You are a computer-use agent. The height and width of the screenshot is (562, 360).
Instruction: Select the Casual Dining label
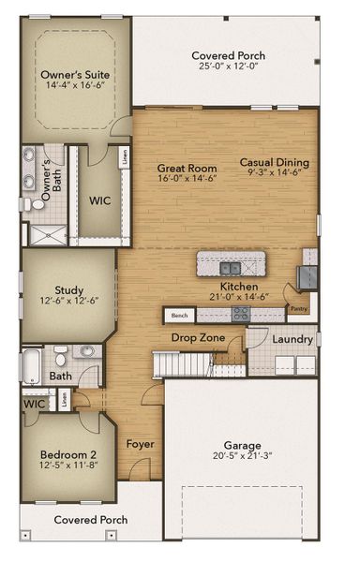pyautogui.click(x=274, y=162)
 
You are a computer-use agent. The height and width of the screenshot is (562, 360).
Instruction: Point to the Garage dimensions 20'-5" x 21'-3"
pyautogui.click(x=242, y=458)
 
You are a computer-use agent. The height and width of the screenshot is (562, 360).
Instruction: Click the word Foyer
pyautogui.click(x=141, y=443)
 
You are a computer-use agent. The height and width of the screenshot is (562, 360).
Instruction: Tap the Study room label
pyautogui.click(x=67, y=290)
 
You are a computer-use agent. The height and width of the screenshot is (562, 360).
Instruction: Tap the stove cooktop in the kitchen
pyautogui.click(x=241, y=315)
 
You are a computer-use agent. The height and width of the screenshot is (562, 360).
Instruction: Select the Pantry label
pyautogui.click(x=298, y=308)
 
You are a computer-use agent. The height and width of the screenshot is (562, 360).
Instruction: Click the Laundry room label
pyautogui.click(x=292, y=338)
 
